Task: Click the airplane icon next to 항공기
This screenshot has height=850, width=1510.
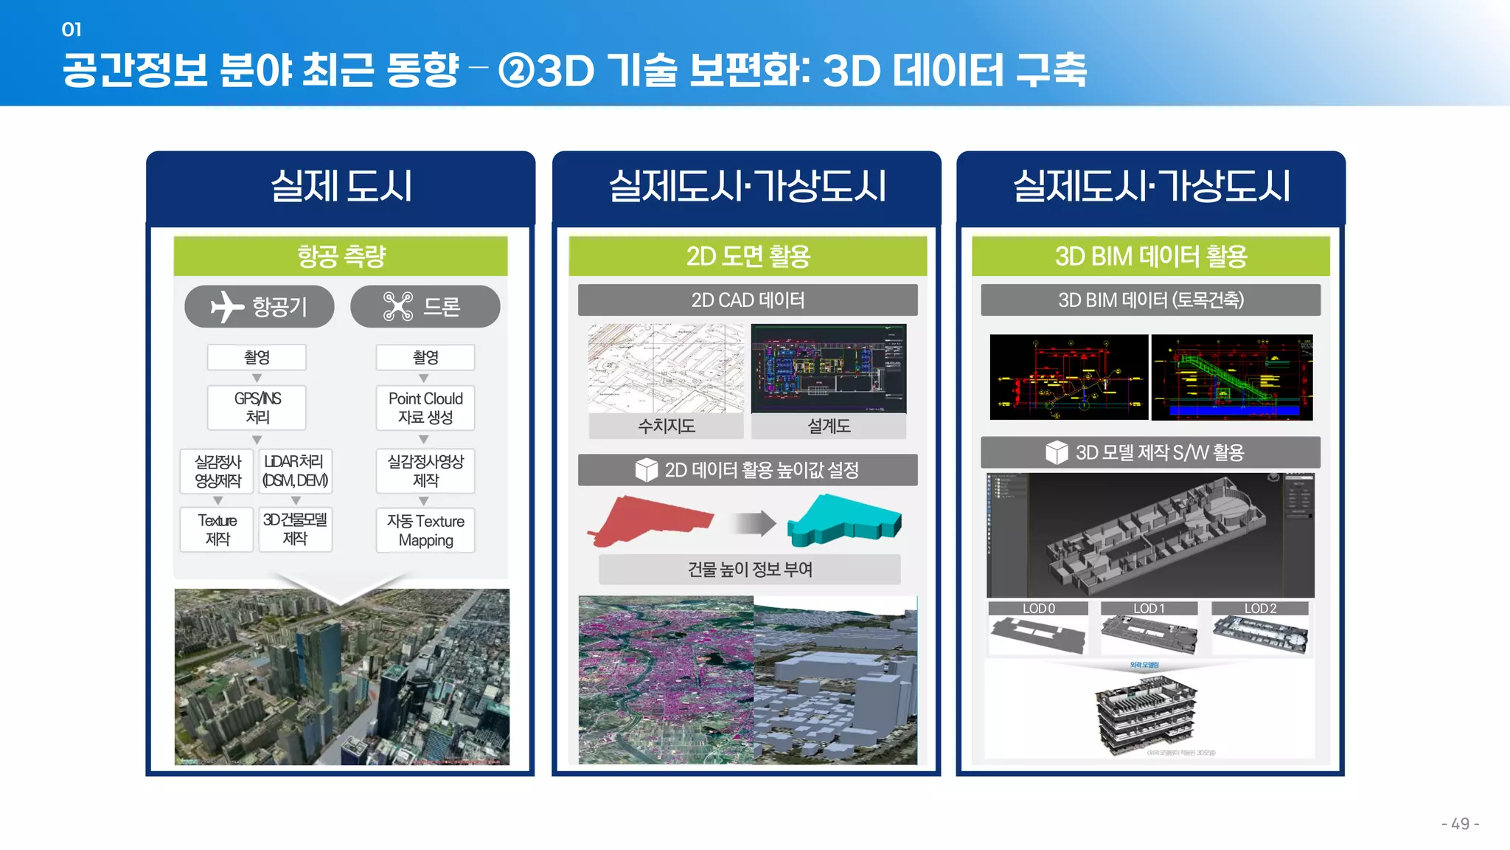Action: tap(226, 307)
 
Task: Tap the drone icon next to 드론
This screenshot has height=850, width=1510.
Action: tap(398, 307)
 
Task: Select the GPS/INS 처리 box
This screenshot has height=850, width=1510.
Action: tap(257, 407)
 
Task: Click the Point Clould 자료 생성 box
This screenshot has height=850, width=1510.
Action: tap(425, 407)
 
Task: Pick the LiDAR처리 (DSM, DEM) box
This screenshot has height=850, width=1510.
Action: tap(295, 471)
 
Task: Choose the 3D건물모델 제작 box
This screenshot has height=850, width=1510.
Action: tap(295, 529)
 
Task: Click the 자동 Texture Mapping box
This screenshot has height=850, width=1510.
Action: tap(425, 530)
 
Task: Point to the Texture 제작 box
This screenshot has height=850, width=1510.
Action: tap(217, 529)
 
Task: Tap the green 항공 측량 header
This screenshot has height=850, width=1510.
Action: tap(341, 256)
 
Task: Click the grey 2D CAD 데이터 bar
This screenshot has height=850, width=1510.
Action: tap(748, 300)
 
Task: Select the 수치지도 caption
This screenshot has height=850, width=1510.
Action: tap(667, 426)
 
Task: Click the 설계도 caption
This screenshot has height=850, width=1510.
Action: tap(829, 426)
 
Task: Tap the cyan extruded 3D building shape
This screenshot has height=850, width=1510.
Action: tap(843, 520)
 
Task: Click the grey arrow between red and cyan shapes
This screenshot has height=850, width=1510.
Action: tap(753, 523)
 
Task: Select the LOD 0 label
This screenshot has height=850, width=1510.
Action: tap(1038, 609)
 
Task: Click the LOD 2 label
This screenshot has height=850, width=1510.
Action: tap(1260, 609)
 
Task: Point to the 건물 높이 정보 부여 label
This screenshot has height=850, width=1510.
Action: tap(750, 570)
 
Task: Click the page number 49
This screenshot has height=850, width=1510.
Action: tap(1460, 823)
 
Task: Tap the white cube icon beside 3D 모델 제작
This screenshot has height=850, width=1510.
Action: tap(1057, 452)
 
